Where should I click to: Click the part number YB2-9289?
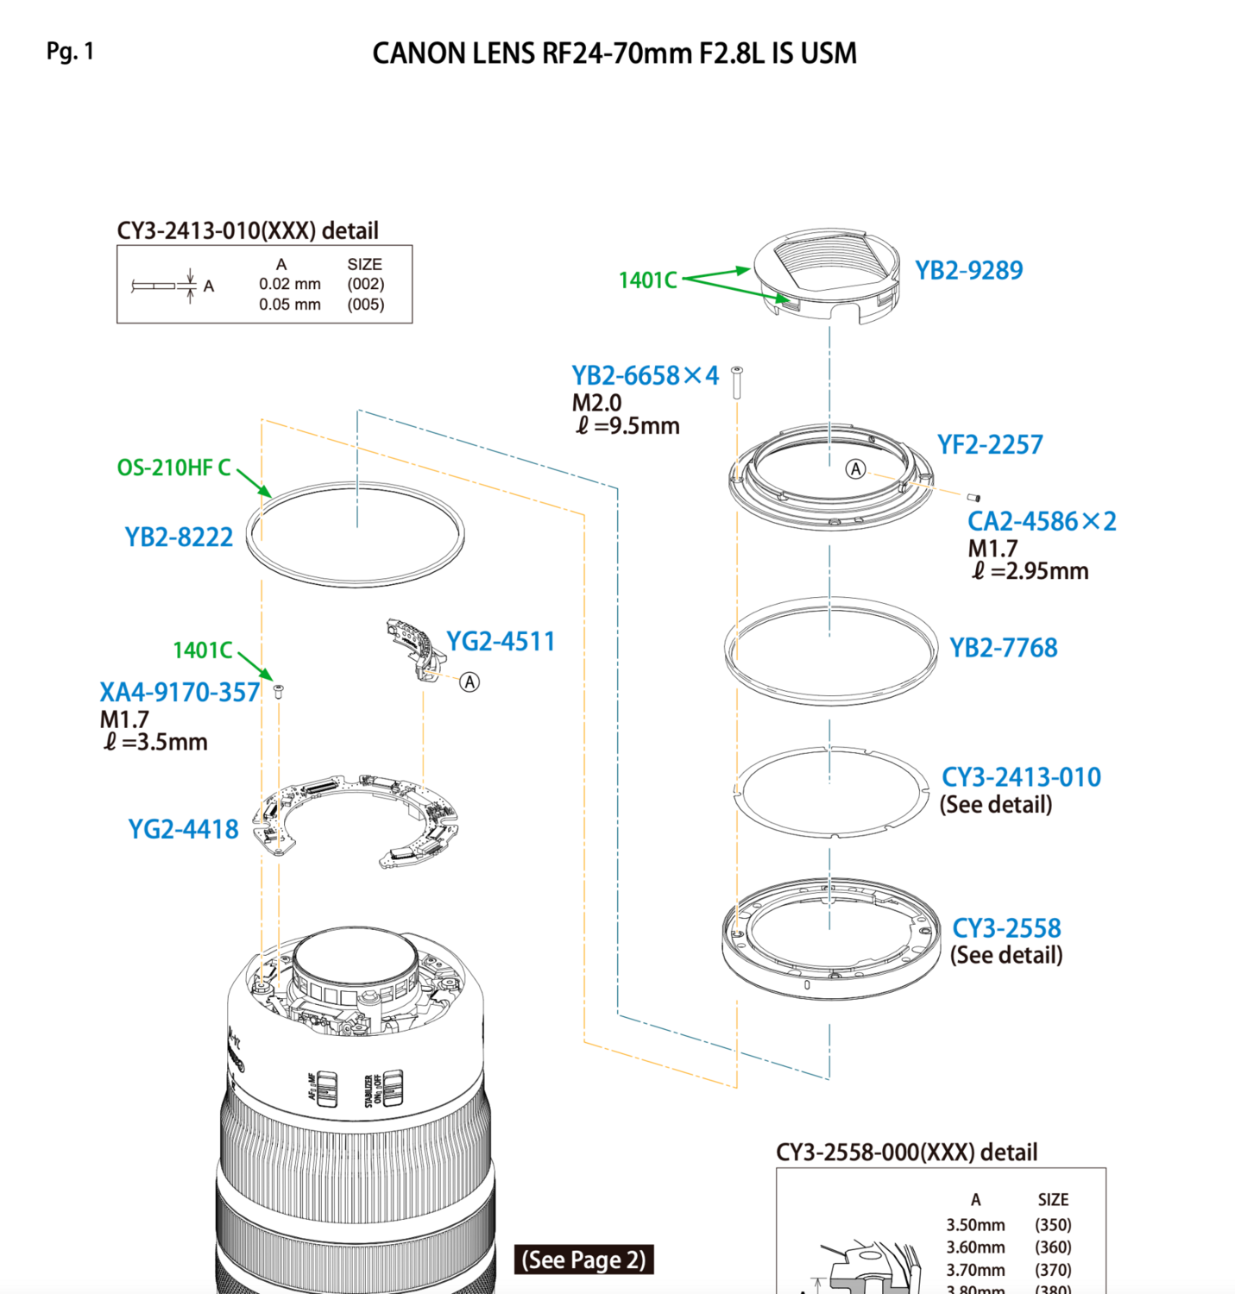point(968,271)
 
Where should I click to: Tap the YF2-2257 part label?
point(989,445)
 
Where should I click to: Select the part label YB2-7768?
point(1003,648)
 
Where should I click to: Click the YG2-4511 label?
point(501,641)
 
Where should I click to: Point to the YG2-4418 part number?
point(183,829)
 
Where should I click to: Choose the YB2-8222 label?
point(179,537)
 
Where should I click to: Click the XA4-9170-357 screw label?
point(180,693)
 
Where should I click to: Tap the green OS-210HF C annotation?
point(173,468)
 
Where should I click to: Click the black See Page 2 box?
point(583,1259)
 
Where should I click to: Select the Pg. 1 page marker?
point(70,52)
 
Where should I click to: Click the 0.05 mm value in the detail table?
point(290,304)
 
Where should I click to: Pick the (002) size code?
point(366,284)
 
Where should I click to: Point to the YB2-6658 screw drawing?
point(737,383)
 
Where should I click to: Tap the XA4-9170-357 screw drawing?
point(278,691)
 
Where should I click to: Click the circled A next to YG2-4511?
point(469,682)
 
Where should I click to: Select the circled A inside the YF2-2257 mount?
point(855,469)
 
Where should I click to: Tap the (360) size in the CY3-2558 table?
point(1053,1247)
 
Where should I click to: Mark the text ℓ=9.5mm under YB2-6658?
point(627,426)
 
